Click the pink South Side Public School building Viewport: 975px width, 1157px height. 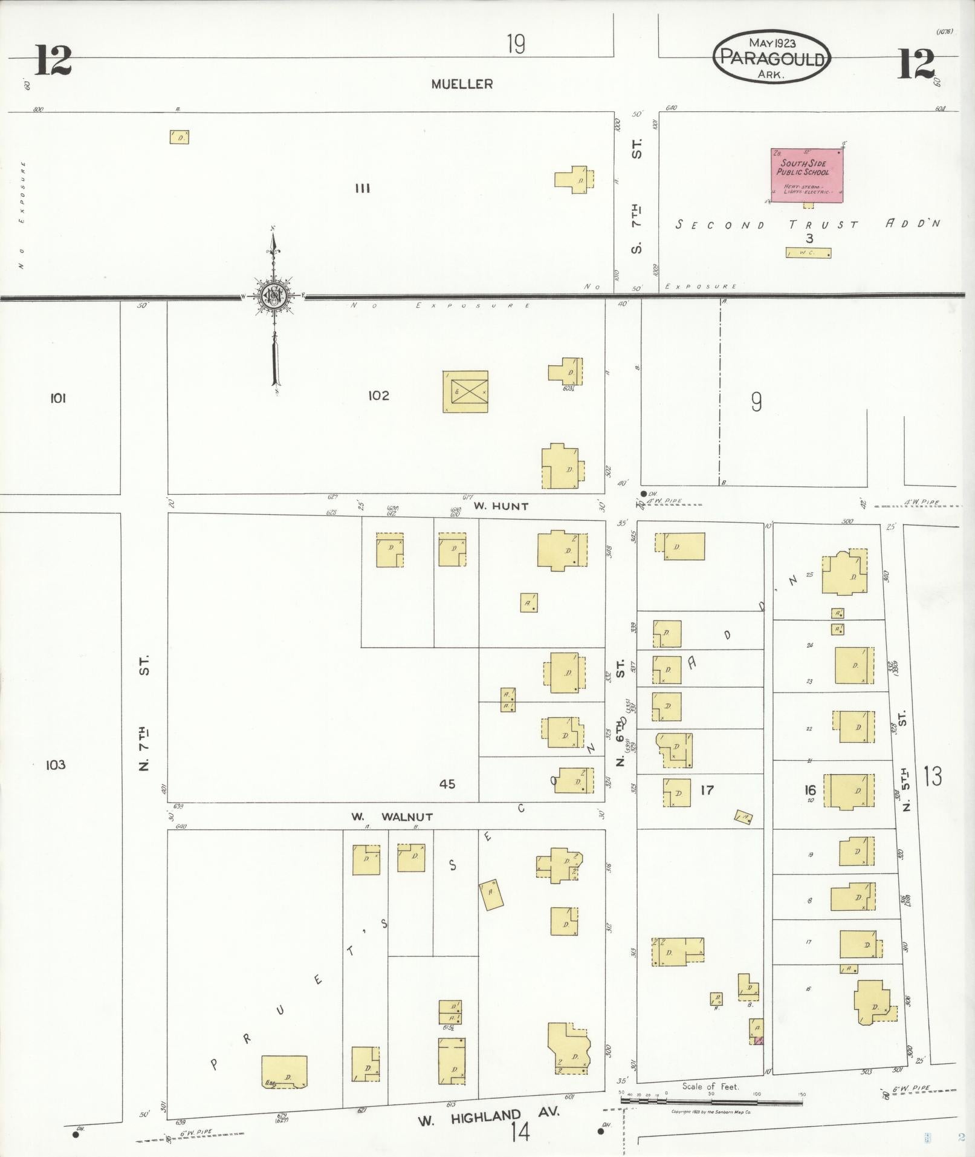[x=807, y=175]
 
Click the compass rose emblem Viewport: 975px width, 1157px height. [x=274, y=295]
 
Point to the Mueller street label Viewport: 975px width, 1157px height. [x=462, y=85]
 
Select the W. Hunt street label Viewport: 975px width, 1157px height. [x=500, y=506]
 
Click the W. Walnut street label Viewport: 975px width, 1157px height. [x=392, y=816]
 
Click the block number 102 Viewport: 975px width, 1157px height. [x=378, y=396]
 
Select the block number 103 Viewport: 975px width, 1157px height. [x=56, y=765]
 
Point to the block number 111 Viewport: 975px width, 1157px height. [x=363, y=189]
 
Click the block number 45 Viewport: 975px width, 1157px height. [x=447, y=784]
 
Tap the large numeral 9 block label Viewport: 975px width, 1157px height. [x=756, y=402]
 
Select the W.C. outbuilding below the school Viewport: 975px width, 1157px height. [x=808, y=253]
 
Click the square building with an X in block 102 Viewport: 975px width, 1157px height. [x=465, y=391]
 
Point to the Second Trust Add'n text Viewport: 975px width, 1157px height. [x=808, y=224]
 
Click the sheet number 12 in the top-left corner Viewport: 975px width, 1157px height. [x=53, y=62]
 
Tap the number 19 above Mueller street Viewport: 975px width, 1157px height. [x=516, y=45]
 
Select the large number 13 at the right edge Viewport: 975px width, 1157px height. [x=932, y=776]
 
